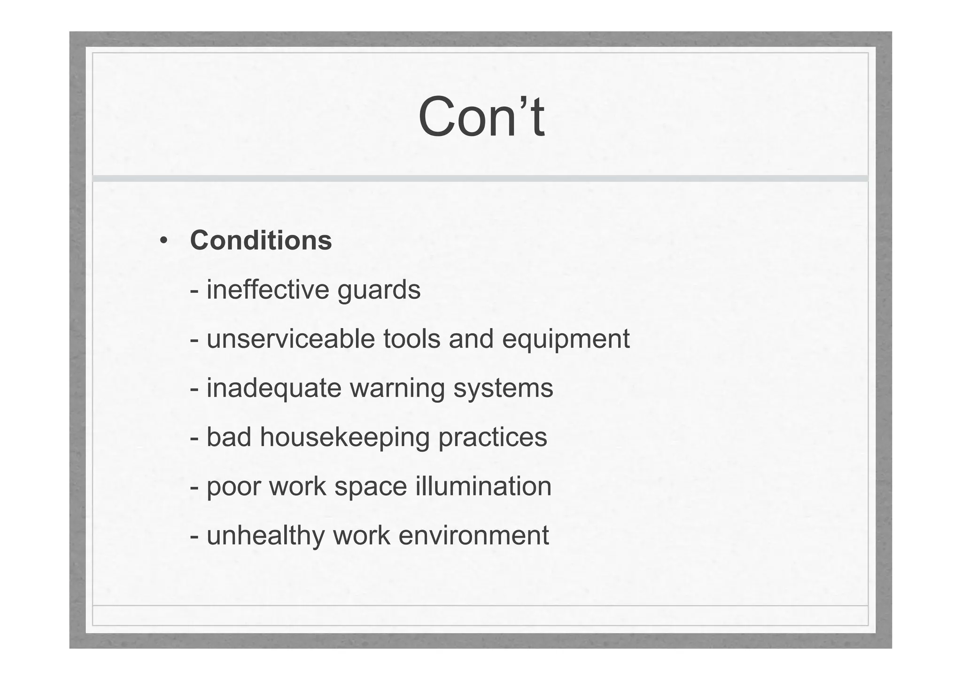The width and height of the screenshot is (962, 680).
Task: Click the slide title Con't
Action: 481,117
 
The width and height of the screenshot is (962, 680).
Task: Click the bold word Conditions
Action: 261,241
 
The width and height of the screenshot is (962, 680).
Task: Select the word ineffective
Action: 268,289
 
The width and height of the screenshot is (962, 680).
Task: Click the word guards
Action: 379,290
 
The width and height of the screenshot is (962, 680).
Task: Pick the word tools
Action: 411,339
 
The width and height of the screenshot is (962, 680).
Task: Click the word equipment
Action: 566,340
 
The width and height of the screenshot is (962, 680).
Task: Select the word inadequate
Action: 274,389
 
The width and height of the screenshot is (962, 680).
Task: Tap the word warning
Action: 397,389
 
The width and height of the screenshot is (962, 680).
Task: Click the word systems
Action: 503,389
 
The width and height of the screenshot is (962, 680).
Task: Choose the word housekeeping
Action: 345,438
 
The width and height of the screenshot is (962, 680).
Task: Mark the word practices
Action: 493,438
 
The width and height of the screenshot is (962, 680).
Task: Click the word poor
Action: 233,487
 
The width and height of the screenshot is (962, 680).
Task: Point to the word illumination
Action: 483,486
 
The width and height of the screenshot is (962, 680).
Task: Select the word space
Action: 371,487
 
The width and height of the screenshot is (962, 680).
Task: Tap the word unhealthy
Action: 265,536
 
